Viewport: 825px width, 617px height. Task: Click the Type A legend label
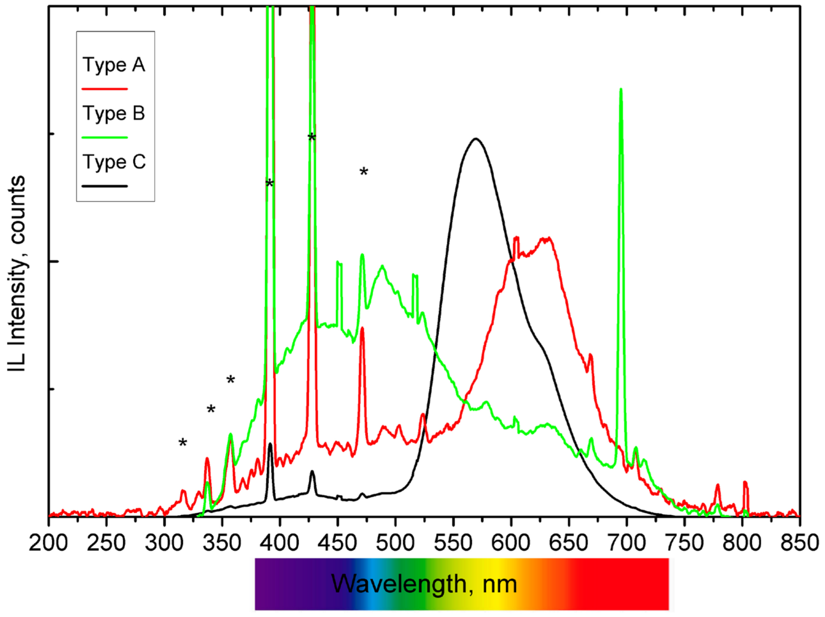(x=114, y=65)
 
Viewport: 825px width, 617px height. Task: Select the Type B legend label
(x=114, y=113)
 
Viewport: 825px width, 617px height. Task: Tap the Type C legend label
(x=114, y=162)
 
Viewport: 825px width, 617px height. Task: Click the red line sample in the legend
(x=104, y=89)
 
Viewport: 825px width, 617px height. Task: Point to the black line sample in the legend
(x=104, y=186)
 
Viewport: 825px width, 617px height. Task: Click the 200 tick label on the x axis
(x=48, y=543)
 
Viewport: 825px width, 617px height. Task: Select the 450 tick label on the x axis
(x=337, y=543)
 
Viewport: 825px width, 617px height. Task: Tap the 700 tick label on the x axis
(x=626, y=543)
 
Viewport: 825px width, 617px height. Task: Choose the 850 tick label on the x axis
(x=799, y=543)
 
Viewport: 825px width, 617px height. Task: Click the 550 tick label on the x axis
(x=453, y=543)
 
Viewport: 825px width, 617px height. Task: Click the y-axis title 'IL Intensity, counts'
(x=17, y=273)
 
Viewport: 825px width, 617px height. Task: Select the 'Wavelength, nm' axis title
(x=424, y=584)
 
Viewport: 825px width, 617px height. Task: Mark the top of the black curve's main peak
(x=476, y=139)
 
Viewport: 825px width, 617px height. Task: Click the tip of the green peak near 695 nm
(x=621, y=90)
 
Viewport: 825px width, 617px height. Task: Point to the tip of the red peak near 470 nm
(x=362, y=328)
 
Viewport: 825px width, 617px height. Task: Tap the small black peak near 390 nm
(x=270, y=444)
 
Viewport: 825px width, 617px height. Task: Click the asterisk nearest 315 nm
(x=183, y=443)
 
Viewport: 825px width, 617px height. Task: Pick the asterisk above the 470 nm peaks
(x=363, y=171)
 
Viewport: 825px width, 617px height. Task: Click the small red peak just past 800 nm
(x=745, y=483)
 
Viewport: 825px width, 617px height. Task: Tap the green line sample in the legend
(x=104, y=137)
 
